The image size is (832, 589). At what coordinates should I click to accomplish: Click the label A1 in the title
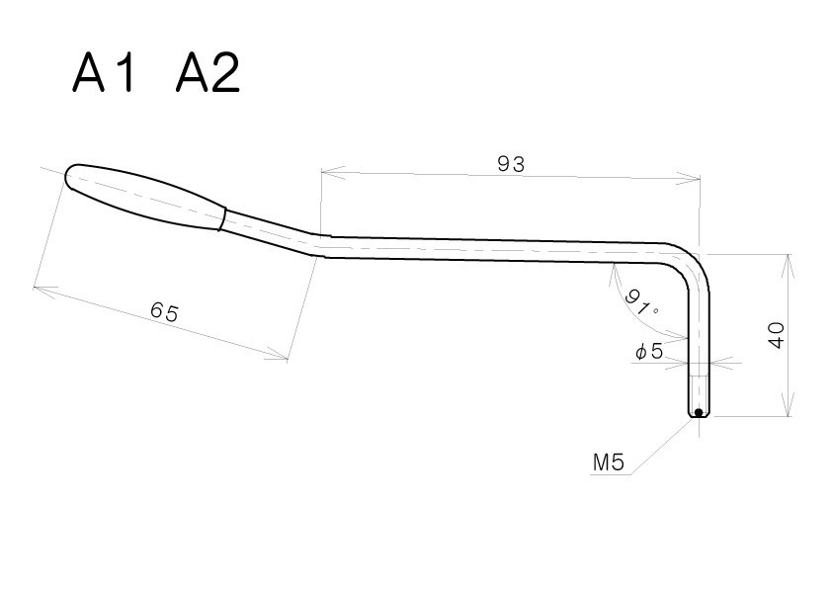point(103,73)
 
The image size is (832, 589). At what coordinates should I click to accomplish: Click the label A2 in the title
point(208,73)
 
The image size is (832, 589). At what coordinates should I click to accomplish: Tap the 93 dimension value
point(511,164)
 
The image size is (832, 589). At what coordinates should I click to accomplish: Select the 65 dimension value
point(164,311)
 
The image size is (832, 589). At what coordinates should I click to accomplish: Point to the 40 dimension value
point(777,335)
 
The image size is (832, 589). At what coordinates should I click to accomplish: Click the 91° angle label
point(641,302)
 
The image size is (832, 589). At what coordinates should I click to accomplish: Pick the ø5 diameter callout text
point(649,351)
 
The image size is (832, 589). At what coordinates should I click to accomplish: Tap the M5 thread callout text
point(609,463)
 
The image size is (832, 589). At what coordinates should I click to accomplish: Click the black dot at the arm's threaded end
point(699,412)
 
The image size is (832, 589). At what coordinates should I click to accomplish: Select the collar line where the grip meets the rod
point(224,218)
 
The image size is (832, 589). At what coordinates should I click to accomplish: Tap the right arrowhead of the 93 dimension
point(688,179)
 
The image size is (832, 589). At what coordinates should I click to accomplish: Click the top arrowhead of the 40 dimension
point(790,266)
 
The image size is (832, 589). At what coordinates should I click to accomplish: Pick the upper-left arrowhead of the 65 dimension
point(46,291)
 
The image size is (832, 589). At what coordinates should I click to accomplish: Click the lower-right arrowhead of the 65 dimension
point(277,354)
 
